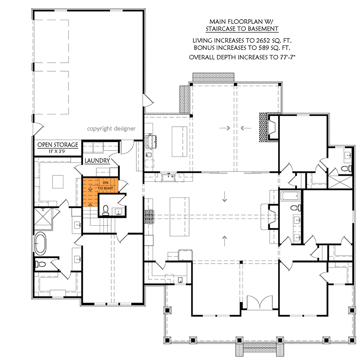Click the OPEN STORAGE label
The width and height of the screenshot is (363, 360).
(58, 145)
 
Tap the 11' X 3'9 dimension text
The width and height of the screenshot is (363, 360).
(58, 151)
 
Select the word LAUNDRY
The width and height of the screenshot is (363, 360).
(98, 161)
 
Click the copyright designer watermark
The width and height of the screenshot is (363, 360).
(111, 128)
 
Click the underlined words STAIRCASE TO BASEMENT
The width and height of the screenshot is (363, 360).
(242, 29)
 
